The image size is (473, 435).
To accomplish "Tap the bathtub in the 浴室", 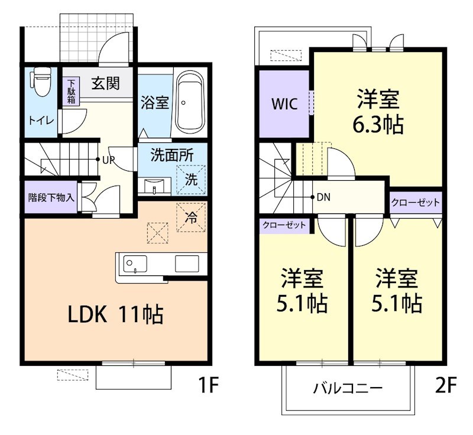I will click(190, 102).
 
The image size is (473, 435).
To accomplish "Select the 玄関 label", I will click(105, 84).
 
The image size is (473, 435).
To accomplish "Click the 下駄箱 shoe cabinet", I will click(71, 92).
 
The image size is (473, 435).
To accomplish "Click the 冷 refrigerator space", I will click(191, 217).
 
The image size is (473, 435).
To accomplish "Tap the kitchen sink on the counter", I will click(135, 263).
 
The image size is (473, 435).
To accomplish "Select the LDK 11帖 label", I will click(115, 314).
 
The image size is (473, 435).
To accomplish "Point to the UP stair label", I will click(108, 160).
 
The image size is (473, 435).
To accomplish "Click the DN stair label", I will click(323, 197).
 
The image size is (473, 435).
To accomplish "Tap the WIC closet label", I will click(284, 103).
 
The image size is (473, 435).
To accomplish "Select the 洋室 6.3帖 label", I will click(379, 112).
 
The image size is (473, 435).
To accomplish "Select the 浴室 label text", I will click(155, 102).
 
